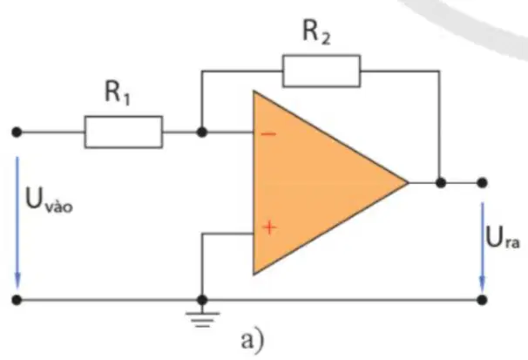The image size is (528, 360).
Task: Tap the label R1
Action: point(117,92)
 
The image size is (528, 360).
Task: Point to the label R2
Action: point(316,32)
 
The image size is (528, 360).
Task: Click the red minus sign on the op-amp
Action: point(268,134)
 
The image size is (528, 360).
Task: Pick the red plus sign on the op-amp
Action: point(269,228)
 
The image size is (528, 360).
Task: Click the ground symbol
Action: point(202,319)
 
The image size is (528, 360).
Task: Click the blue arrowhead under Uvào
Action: point(17,281)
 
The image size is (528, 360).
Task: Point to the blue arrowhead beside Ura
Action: point(482,284)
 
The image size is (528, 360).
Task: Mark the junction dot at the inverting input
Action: point(202,132)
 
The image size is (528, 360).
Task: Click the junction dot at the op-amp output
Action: point(441,183)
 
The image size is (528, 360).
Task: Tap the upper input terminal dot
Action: point(17,132)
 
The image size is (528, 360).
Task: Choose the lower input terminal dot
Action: point(17,299)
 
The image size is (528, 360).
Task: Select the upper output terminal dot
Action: point(482,183)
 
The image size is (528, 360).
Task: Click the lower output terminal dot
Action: point(482,299)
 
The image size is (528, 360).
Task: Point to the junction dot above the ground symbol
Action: point(202,299)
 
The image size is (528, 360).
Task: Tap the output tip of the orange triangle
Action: point(409,183)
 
